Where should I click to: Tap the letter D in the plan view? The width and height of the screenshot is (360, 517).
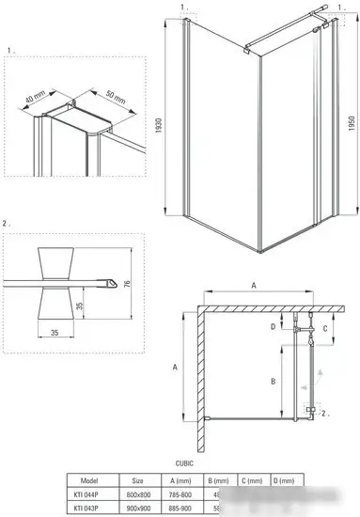click(273, 326)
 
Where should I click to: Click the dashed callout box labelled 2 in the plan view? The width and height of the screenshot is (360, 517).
click(312, 411)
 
